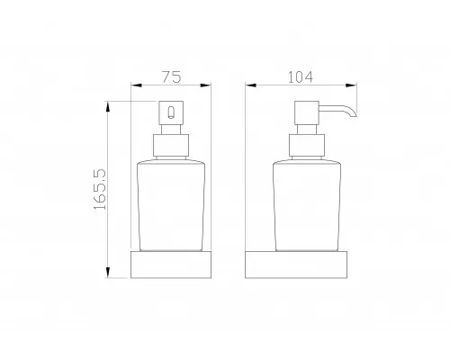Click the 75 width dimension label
pos(172,76)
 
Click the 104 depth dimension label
pos(301,77)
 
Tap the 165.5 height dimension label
pos(100,189)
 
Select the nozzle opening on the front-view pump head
pos(171,112)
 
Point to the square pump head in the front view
pos(171,112)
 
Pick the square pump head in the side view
pos(306,112)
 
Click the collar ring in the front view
pos(171,145)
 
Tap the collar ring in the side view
pos(307,145)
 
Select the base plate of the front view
pos(171,265)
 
